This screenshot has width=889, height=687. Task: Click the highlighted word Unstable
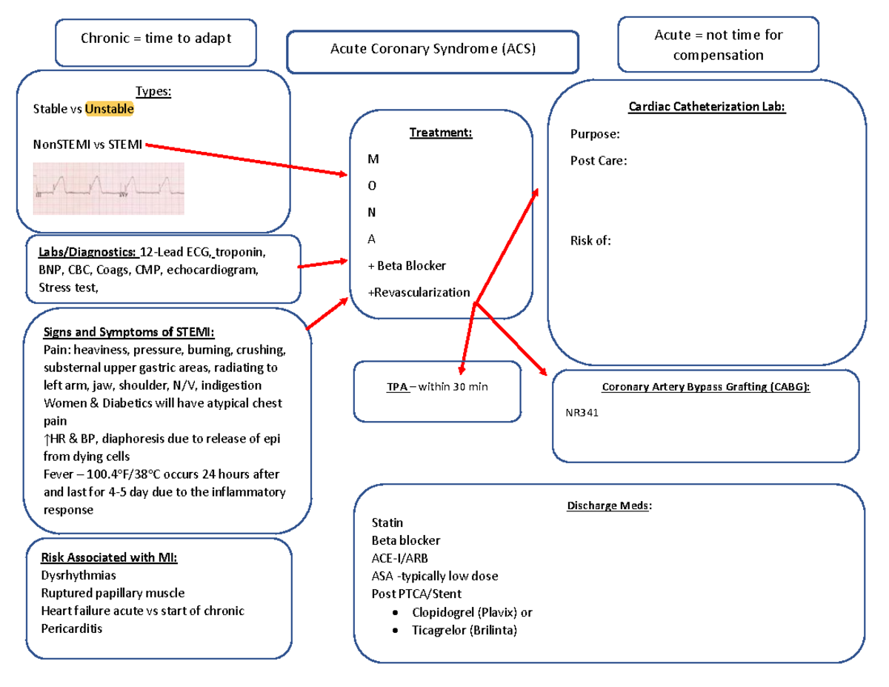click(110, 109)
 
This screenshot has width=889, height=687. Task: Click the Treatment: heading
click(440, 133)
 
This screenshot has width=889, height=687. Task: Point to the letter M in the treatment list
click(371, 159)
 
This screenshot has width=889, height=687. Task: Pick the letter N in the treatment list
click(371, 213)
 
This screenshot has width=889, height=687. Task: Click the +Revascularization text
click(419, 292)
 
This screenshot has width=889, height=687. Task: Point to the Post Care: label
click(599, 161)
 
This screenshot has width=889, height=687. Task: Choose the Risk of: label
click(590, 240)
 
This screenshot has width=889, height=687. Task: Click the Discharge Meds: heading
click(610, 506)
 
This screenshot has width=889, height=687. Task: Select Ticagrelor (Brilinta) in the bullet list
click(465, 631)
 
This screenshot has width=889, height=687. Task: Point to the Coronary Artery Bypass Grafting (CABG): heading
click(705, 388)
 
